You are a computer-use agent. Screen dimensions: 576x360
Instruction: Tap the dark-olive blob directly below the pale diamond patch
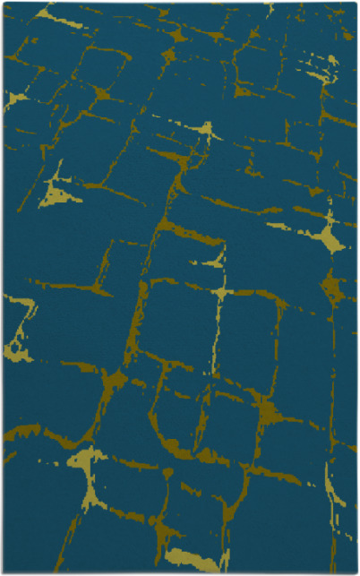332,287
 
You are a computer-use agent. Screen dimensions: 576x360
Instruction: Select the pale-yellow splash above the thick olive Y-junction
208,133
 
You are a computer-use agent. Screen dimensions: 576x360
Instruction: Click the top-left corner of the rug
4,3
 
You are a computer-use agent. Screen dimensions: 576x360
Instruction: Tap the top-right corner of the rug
356,3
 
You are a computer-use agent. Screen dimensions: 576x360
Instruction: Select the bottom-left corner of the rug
4,572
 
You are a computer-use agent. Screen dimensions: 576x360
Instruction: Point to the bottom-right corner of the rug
356,572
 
